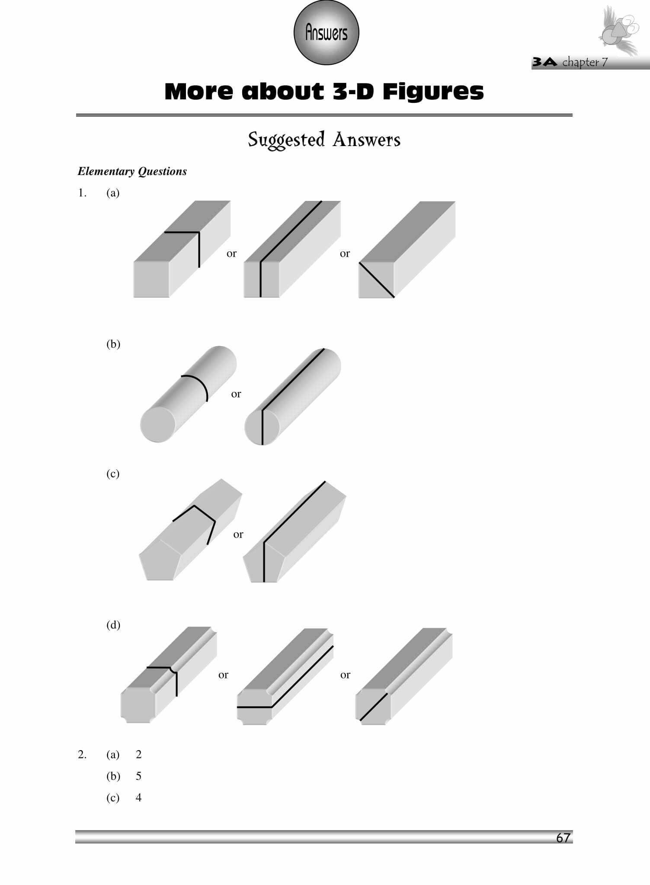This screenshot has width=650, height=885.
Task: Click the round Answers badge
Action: [x=326, y=33]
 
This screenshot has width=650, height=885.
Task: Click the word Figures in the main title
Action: [x=433, y=92]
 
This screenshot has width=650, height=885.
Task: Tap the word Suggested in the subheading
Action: [x=286, y=140]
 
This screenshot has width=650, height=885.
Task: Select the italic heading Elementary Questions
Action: [x=132, y=172]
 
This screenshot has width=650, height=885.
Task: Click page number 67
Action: [x=563, y=837]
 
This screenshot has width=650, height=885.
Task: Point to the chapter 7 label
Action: [x=585, y=63]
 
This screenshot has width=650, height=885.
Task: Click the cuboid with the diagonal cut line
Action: [x=407, y=249]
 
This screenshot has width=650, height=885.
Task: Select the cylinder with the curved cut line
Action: [x=188, y=394]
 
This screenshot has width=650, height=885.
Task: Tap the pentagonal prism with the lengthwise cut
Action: [x=295, y=532]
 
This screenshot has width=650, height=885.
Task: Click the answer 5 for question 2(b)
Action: [x=138, y=776]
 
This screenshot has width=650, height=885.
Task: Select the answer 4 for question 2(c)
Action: [x=138, y=798]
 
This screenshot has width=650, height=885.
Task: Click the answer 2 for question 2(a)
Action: [x=138, y=754]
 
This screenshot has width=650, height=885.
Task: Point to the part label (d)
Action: [x=113, y=625]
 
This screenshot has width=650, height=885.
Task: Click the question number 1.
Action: [x=82, y=193]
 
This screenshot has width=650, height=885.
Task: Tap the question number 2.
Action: [x=82, y=754]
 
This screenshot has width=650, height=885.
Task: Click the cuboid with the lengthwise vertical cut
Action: [x=292, y=249]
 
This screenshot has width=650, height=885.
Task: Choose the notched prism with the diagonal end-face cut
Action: [x=404, y=676]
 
